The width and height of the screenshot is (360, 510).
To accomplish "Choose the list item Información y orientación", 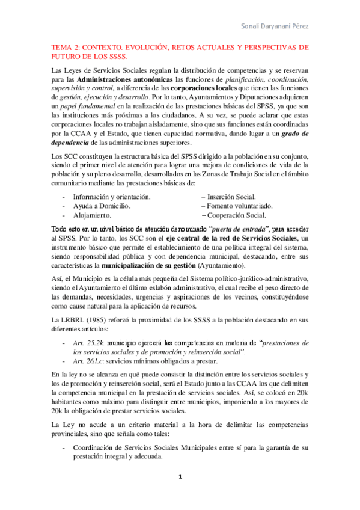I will point(111,197).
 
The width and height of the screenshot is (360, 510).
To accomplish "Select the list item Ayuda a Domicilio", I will point(102,206).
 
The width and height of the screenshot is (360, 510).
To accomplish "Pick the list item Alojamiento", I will point(92,215).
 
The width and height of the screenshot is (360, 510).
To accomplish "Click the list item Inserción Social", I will point(232,197).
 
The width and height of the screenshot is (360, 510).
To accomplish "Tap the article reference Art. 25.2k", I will point(86,342).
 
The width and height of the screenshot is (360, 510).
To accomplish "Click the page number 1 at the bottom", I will point(180,477).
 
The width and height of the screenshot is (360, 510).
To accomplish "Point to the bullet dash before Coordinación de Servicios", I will point(64,448).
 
